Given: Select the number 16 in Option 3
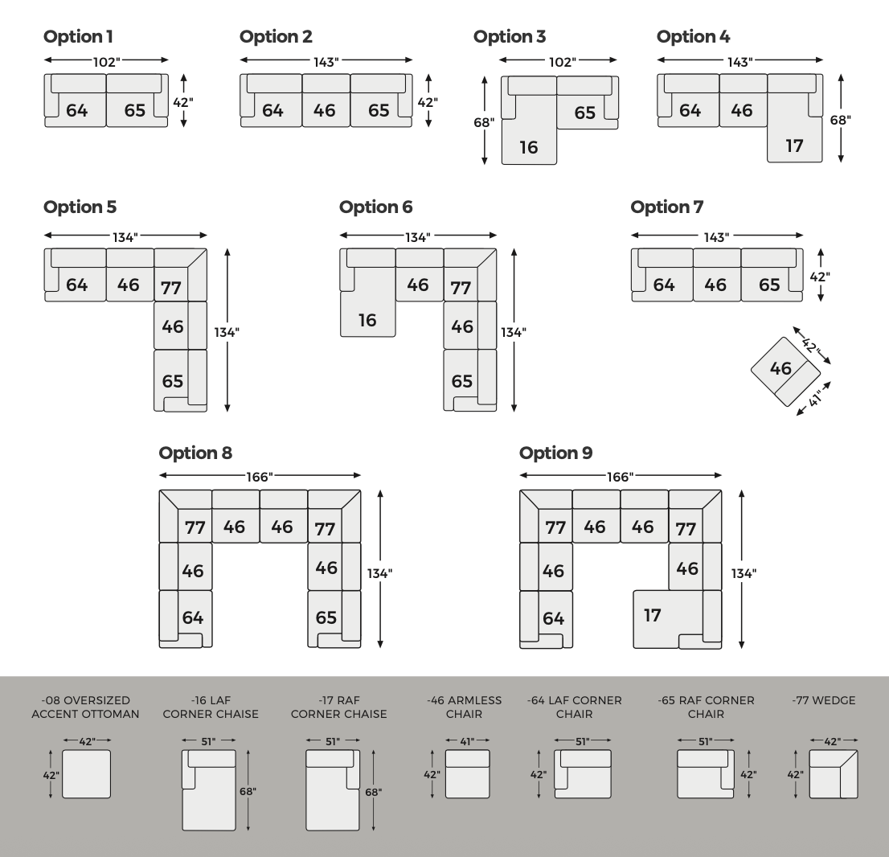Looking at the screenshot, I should (x=528, y=147).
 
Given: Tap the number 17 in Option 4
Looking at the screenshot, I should (x=794, y=146).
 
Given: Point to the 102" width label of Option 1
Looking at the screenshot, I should (x=106, y=60).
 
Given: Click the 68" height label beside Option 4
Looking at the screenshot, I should (x=840, y=120).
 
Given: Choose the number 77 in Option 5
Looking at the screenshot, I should (x=170, y=287).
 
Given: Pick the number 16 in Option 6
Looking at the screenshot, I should (x=367, y=320).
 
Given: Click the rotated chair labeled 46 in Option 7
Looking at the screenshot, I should (x=785, y=371).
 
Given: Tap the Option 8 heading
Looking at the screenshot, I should (x=195, y=453).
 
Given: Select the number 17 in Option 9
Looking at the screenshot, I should (x=653, y=616).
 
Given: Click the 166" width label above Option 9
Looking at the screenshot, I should (x=620, y=477).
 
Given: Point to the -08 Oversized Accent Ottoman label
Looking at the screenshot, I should (x=85, y=707).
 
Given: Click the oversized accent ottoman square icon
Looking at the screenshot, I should (x=86, y=773).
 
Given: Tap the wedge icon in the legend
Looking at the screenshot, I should (x=834, y=774).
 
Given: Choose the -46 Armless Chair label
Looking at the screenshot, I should (x=465, y=707).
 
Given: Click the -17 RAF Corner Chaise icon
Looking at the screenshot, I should (x=332, y=789).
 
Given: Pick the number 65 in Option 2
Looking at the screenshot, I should (x=379, y=110).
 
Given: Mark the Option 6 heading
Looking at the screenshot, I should (x=376, y=207).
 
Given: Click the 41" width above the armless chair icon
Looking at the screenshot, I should (x=466, y=740).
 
